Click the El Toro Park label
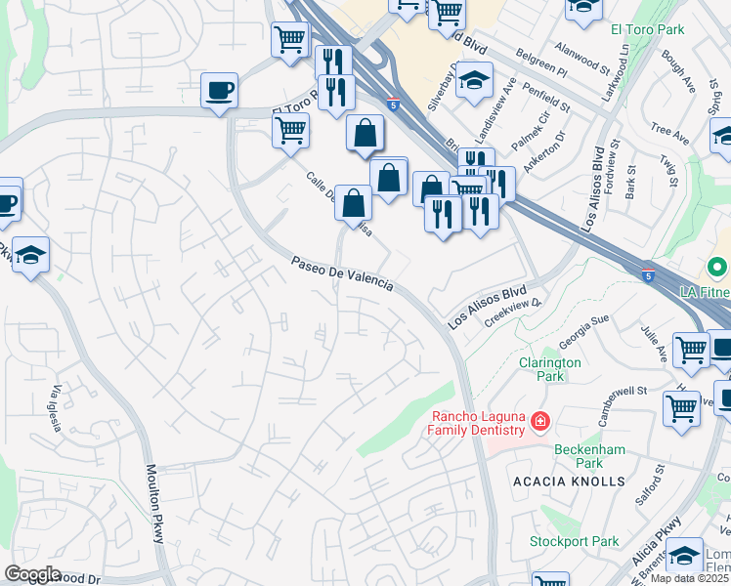coord(647,29)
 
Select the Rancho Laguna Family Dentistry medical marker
coord(538,422)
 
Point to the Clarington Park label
coord(549,368)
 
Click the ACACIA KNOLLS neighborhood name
coord(568,481)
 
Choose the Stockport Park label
coord(575,541)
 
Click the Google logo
coord(32,574)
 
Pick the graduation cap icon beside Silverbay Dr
coord(475,82)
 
